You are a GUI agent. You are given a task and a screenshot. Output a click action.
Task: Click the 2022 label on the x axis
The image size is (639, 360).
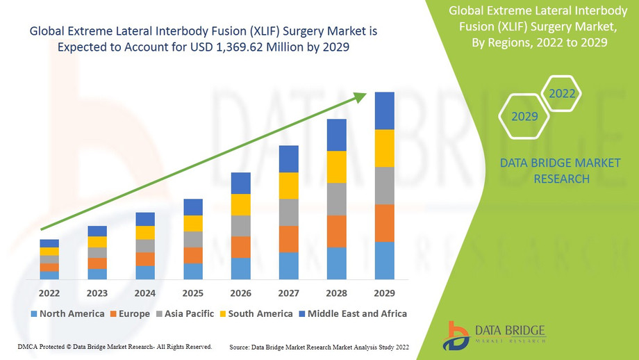click(x=49, y=293)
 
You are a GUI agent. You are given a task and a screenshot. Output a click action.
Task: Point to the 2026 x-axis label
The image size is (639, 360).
click(x=240, y=293)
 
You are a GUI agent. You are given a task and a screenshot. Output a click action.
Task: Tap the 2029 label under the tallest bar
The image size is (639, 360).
click(x=384, y=293)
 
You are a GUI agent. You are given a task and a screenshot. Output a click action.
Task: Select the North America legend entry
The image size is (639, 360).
click(x=67, y=313)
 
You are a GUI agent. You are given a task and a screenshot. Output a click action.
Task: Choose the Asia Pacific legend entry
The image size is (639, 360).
click(x=185, y=313)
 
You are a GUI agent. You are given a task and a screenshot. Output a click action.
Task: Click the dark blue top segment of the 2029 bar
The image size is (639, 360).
click(x=384, y=111)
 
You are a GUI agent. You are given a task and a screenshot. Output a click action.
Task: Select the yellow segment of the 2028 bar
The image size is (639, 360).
click(x=336, y=167)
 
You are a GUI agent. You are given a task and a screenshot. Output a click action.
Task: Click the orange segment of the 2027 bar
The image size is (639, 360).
click(x=288, y=239)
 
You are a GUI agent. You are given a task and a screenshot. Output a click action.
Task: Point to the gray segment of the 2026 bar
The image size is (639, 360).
click(x=240, y=226)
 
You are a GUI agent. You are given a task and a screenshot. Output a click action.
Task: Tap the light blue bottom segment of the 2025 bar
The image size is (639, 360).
click(x=193, y=271)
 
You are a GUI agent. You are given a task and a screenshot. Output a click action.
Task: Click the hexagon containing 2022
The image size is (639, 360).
click(x=562, y=93)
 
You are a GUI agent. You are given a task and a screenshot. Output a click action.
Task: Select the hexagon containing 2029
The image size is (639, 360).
click(x=524, y=116)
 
